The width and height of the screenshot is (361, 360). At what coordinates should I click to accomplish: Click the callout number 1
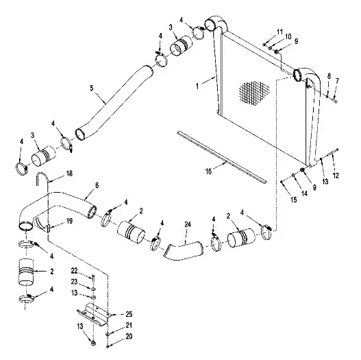(197, 86)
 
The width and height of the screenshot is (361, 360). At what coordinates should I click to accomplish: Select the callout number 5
(92, 88)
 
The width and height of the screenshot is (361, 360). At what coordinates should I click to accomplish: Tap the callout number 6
(97, 185)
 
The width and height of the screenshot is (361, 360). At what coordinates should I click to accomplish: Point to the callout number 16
(208, 171)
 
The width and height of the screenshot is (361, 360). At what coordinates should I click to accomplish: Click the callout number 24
(188, 224)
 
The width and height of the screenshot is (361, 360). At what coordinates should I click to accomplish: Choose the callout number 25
(129, 314)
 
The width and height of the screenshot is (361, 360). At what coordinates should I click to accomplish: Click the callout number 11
(279, 32)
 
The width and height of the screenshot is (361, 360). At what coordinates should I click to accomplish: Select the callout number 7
(337, 81)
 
